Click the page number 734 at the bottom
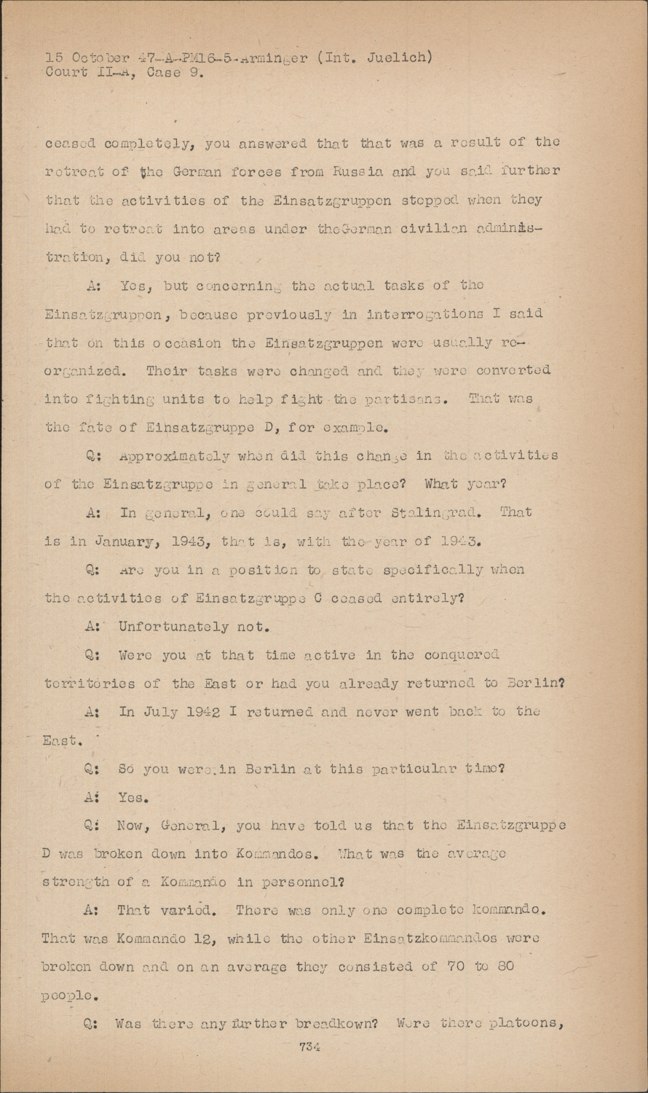(x=309, y=1047)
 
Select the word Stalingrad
(x=434, y=512)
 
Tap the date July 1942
(x=170, y=712)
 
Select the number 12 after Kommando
(x=201, y=939)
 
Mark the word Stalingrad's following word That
(x=515, y=512)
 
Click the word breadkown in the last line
(x=336, y=1023)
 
